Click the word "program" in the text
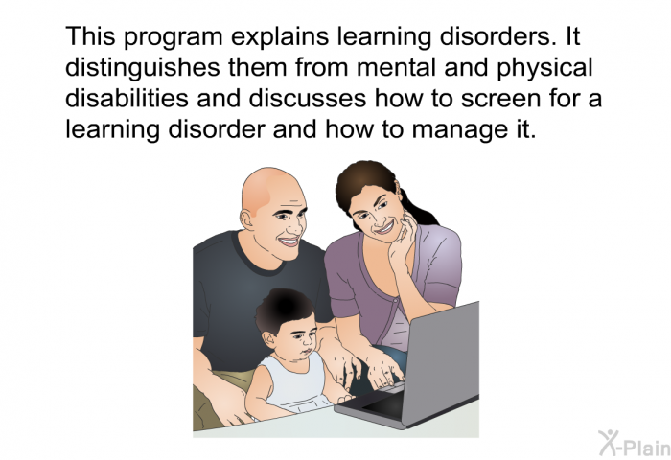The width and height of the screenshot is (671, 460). tap(174, 37)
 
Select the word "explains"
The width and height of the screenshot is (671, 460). tap(281, 37)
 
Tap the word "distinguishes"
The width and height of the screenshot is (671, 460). tap(143, 69)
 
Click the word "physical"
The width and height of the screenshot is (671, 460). tap(544, 69)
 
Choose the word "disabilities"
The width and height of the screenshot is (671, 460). tap(127, 98)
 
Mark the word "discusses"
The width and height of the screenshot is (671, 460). tap(308, 98)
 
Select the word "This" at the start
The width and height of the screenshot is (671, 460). tap(90, 36)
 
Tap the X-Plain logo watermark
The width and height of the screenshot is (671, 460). tap(635, 443)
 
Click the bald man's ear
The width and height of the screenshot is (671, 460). tap(247, 220)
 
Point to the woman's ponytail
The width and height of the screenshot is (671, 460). tap(417, 208)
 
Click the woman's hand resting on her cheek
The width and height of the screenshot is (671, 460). tap(402, 238)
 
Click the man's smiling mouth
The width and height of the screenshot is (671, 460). tap(289, 241)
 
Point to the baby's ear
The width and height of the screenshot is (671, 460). tap(268, 339)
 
